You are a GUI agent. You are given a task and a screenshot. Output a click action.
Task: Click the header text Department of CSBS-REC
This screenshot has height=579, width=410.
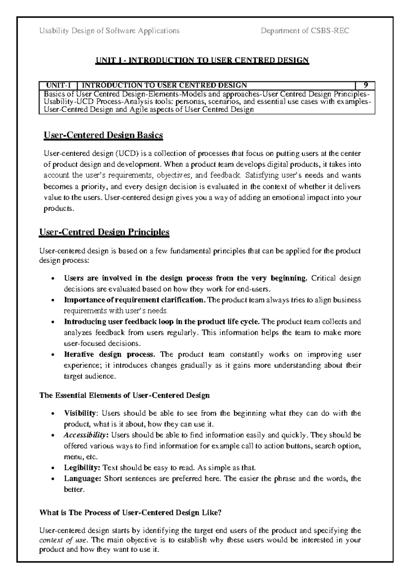pyautogui.click(x=305, y=31)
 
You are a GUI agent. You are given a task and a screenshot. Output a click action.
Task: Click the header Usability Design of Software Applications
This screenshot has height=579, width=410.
pyautogui.click(x=109, y=31)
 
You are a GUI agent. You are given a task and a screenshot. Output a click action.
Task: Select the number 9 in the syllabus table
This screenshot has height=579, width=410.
pyautogui.click(x=366, y=85)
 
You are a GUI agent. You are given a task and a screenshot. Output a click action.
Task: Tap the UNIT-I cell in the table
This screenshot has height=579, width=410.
pyautogui.click(x=58, y=85)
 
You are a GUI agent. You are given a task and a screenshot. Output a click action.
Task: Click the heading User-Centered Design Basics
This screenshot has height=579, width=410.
pyautogui.click(x=103, y=135)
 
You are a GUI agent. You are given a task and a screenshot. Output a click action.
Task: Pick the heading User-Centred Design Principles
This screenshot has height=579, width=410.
pyautogui.click(x=105, y=232)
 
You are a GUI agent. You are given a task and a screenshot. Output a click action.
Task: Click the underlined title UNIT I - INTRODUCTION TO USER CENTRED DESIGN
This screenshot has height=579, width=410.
pyautogui.click(x=202, y=60)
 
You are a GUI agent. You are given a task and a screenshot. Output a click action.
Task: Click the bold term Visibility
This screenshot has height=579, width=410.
pyautogui.click(x=81, y=413)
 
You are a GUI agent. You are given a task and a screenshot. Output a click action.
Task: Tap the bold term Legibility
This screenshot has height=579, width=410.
pyautogui.click(x=82, y=467)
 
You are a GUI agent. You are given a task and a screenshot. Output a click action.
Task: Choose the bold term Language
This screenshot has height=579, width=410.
pyautogui.click(x=82, y=478)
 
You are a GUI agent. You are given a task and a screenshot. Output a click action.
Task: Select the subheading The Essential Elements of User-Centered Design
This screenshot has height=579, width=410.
pyautogui.click(x=125, y=396)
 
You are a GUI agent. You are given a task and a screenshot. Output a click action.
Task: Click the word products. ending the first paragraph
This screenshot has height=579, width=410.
pyautogui.click(x=58, y=209)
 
